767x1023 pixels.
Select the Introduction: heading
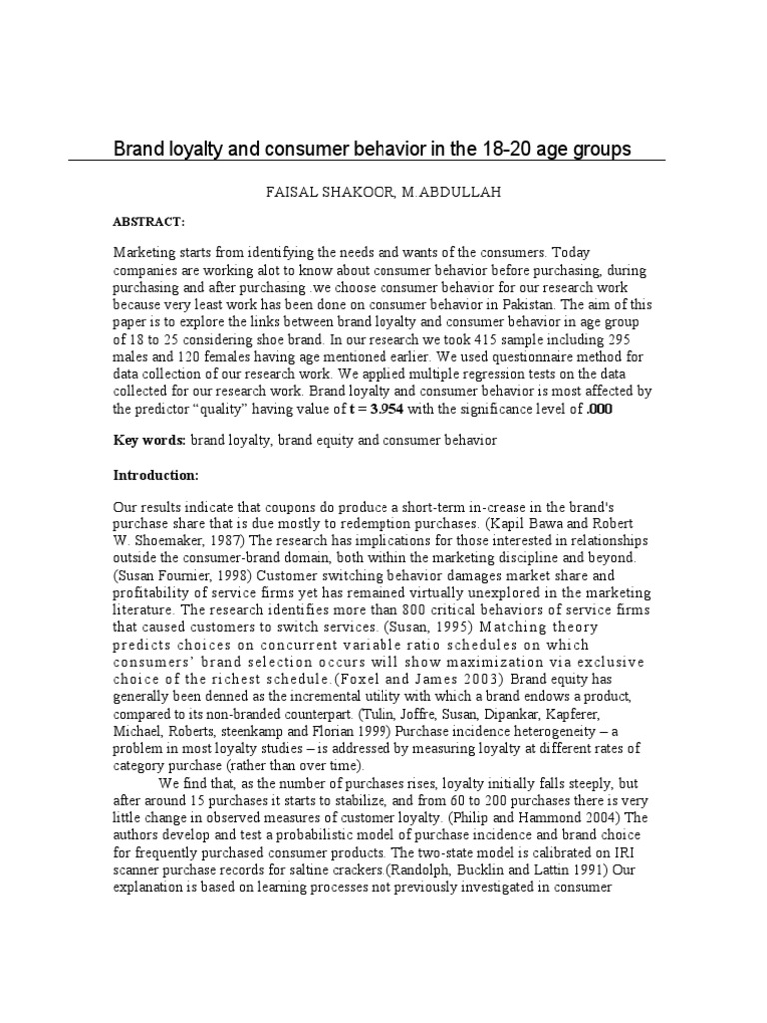click(x=156, y=474)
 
